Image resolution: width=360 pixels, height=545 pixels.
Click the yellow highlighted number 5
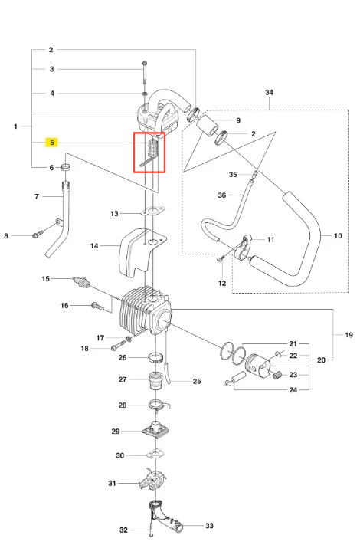(x=52, y=142)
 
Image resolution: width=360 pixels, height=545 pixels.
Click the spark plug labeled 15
(x=81, y=282)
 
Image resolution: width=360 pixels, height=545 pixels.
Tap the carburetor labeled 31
(x=153, y=480)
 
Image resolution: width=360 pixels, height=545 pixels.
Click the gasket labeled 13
(x=152, y=212)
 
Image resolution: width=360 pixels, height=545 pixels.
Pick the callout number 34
(x=269, y=92)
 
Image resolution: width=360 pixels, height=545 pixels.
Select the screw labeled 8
(x=38, y=234)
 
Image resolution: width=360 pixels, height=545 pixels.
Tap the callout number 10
(x=338, y=235)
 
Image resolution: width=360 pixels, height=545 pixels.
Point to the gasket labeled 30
(x=155, y=454)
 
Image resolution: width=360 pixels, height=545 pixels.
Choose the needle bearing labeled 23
(x=278, y=375)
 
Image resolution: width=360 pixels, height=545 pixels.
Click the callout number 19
(x=349, y=335)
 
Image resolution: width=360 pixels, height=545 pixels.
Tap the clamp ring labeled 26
(x=155, y=357)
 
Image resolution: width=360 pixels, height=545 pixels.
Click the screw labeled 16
(x=97, y=306)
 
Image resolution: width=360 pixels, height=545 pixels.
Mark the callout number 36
(x=222, y=195)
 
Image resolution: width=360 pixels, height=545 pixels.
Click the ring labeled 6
(x=66, y=167)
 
